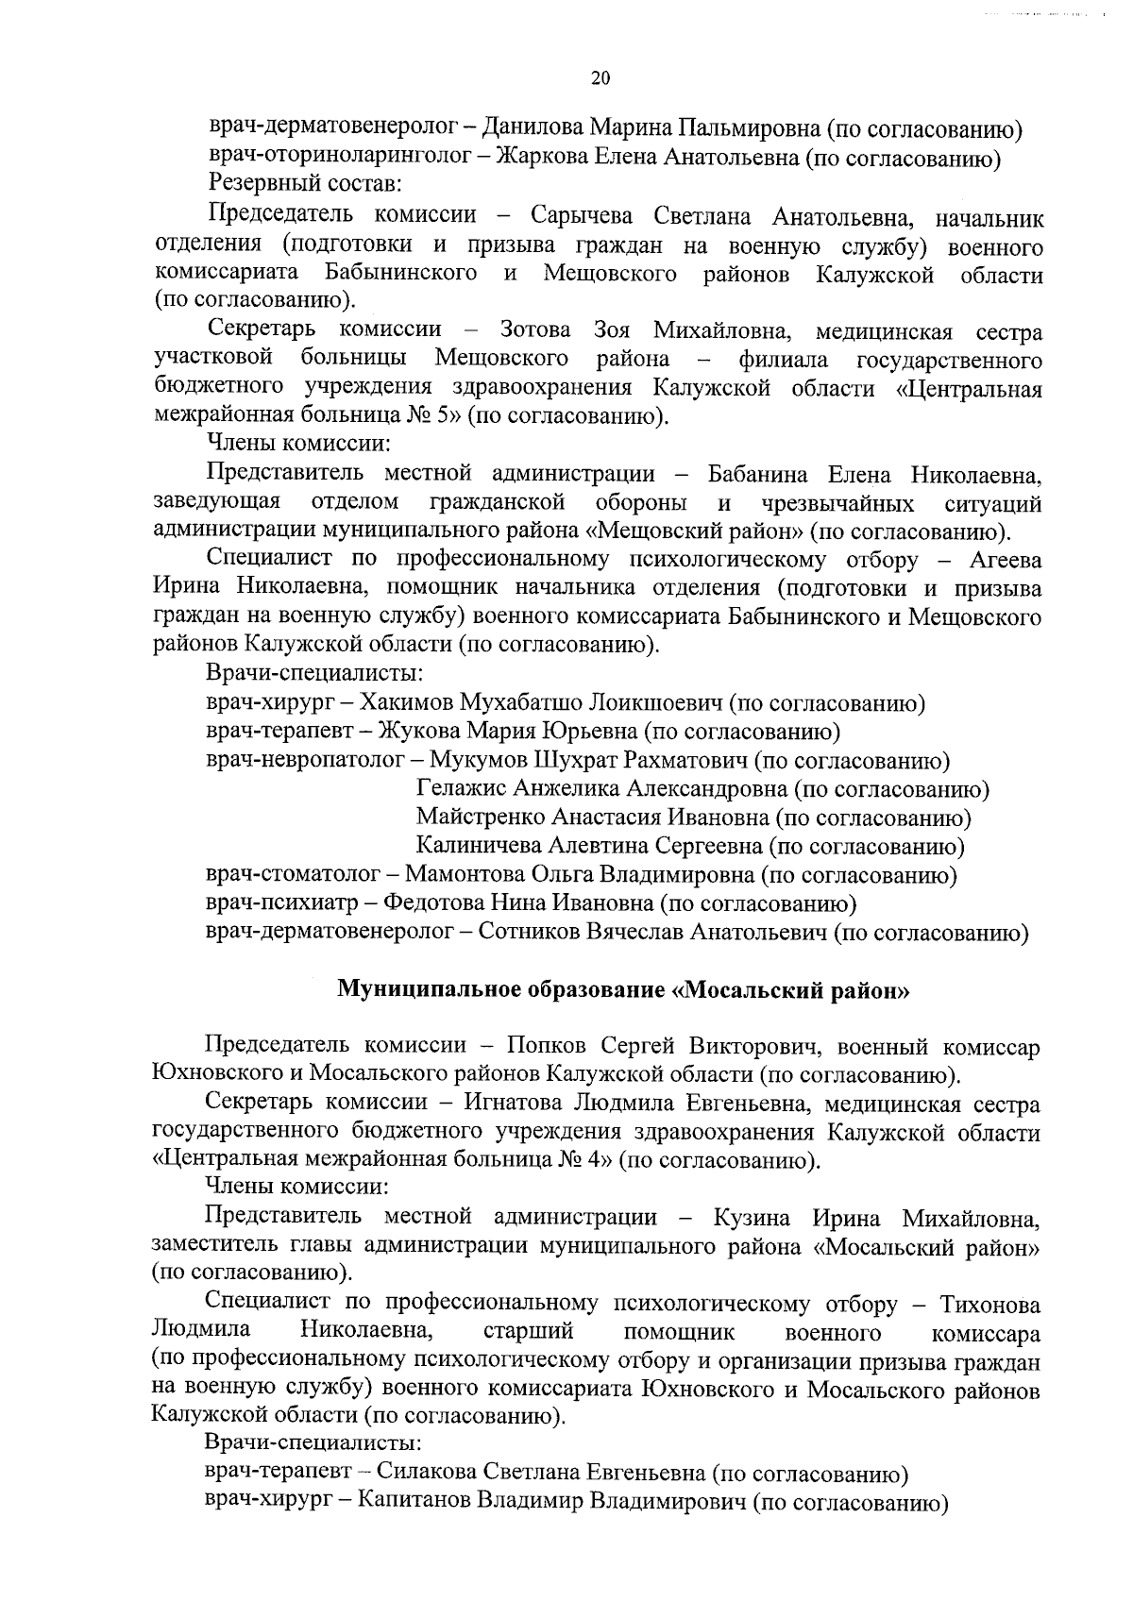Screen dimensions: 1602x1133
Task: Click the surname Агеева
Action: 1006,560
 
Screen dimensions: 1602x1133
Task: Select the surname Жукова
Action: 412,731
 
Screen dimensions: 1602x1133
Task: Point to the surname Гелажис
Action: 463,788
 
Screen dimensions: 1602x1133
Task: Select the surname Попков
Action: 545,1046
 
